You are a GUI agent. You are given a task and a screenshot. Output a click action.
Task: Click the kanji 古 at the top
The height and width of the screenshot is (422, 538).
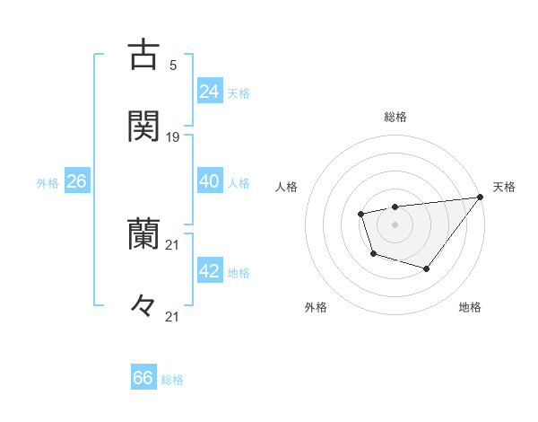point(143,54)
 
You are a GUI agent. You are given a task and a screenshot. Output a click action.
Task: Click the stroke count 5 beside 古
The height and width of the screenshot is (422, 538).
point(173,65)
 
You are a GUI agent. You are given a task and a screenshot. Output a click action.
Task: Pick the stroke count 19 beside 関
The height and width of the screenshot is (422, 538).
point(173,137)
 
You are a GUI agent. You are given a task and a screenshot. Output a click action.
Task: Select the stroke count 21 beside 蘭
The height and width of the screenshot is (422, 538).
point(173,245)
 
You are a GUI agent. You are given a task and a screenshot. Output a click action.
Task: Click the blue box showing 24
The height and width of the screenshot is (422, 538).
point(210,91)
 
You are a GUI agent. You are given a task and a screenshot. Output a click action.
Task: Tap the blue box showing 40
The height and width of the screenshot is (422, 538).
point(210,181)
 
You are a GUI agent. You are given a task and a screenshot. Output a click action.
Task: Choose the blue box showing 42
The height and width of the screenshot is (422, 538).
point(210,271)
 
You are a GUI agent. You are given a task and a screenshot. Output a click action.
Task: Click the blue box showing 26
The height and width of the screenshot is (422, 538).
point(76,181)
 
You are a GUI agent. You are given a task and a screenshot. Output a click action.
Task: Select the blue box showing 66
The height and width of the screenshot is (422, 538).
point(143,377)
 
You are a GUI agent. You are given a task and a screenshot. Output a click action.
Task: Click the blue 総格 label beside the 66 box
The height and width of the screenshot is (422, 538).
point(172,380)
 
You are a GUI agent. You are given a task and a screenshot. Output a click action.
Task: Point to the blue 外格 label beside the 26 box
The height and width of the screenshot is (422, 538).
point(48,183)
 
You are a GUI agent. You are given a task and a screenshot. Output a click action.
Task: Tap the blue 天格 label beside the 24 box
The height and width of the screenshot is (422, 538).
point(238,93)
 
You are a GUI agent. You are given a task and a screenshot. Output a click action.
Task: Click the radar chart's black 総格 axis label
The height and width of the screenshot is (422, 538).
point(395,117)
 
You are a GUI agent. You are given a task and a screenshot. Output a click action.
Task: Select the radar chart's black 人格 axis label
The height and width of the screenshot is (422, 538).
point(287,187)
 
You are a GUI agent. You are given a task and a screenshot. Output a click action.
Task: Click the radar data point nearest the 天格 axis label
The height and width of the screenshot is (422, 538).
point(480,198)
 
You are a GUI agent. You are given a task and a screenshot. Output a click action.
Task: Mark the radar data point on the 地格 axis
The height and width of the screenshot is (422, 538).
point(427,268)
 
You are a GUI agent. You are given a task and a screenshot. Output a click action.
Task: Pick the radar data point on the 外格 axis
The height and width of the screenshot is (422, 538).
point(373,254)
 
